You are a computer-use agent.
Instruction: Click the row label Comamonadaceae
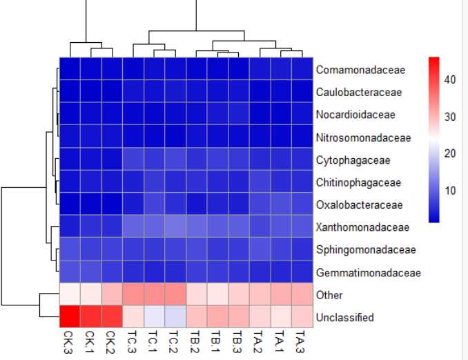351,70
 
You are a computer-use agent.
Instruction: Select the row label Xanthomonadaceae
353,227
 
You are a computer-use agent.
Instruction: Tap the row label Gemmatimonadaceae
358,272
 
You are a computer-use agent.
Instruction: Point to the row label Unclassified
345,317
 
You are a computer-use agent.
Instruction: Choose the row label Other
329,295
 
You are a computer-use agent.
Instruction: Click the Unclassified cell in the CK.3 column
69,317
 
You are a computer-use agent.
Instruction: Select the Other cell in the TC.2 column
175,294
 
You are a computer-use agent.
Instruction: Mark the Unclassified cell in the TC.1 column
154,317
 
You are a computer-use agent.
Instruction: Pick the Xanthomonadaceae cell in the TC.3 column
133,227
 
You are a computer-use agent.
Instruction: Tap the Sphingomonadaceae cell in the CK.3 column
69,249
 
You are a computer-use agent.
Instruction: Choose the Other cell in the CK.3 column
69,294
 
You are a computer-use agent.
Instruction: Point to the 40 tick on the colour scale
449,79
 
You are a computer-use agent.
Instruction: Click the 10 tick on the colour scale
449,190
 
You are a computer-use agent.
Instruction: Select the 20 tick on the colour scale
449,153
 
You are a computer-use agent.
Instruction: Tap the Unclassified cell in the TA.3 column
302,317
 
